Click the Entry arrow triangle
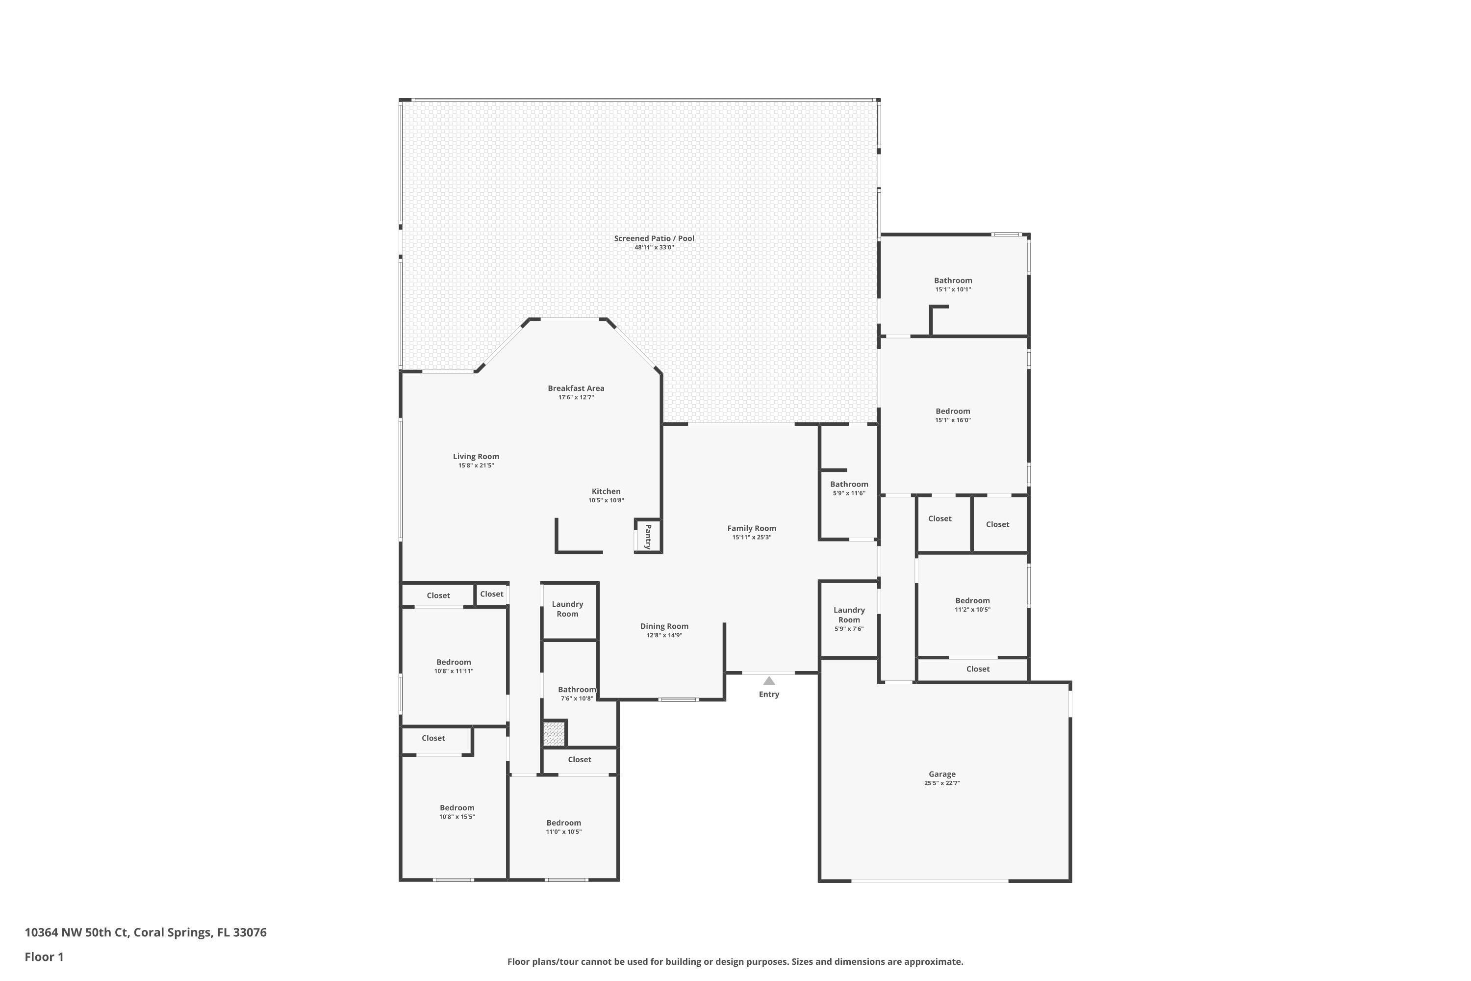(x=769, y=681)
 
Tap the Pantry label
(x=648, y=537)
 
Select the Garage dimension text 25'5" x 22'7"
(x=942, y=783)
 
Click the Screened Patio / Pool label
(x=654, y=238)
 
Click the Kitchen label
(x=606, y=491)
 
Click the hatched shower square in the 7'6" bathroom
(x=554, y=733)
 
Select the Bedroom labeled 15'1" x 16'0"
(x=953, y=412)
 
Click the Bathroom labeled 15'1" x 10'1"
(x=953, y=281)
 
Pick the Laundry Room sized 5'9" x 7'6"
(x=849, y=615)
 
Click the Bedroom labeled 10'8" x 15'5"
(x=457, y=808)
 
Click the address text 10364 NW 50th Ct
(x=77, y=932)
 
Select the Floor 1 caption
(x=44, y=956)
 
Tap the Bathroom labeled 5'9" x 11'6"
(x=849, y=484)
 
